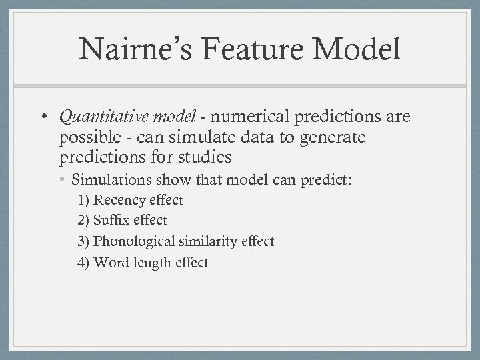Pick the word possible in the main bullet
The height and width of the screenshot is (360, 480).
tap(86, 138)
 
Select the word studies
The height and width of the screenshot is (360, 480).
tap(206, 158)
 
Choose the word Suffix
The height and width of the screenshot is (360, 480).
tap(111, 220)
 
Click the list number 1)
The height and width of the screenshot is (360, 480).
tap(84, 200)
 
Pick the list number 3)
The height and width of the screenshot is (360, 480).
tap(84, 241)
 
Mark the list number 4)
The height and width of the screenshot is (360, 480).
tap(84, 263)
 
